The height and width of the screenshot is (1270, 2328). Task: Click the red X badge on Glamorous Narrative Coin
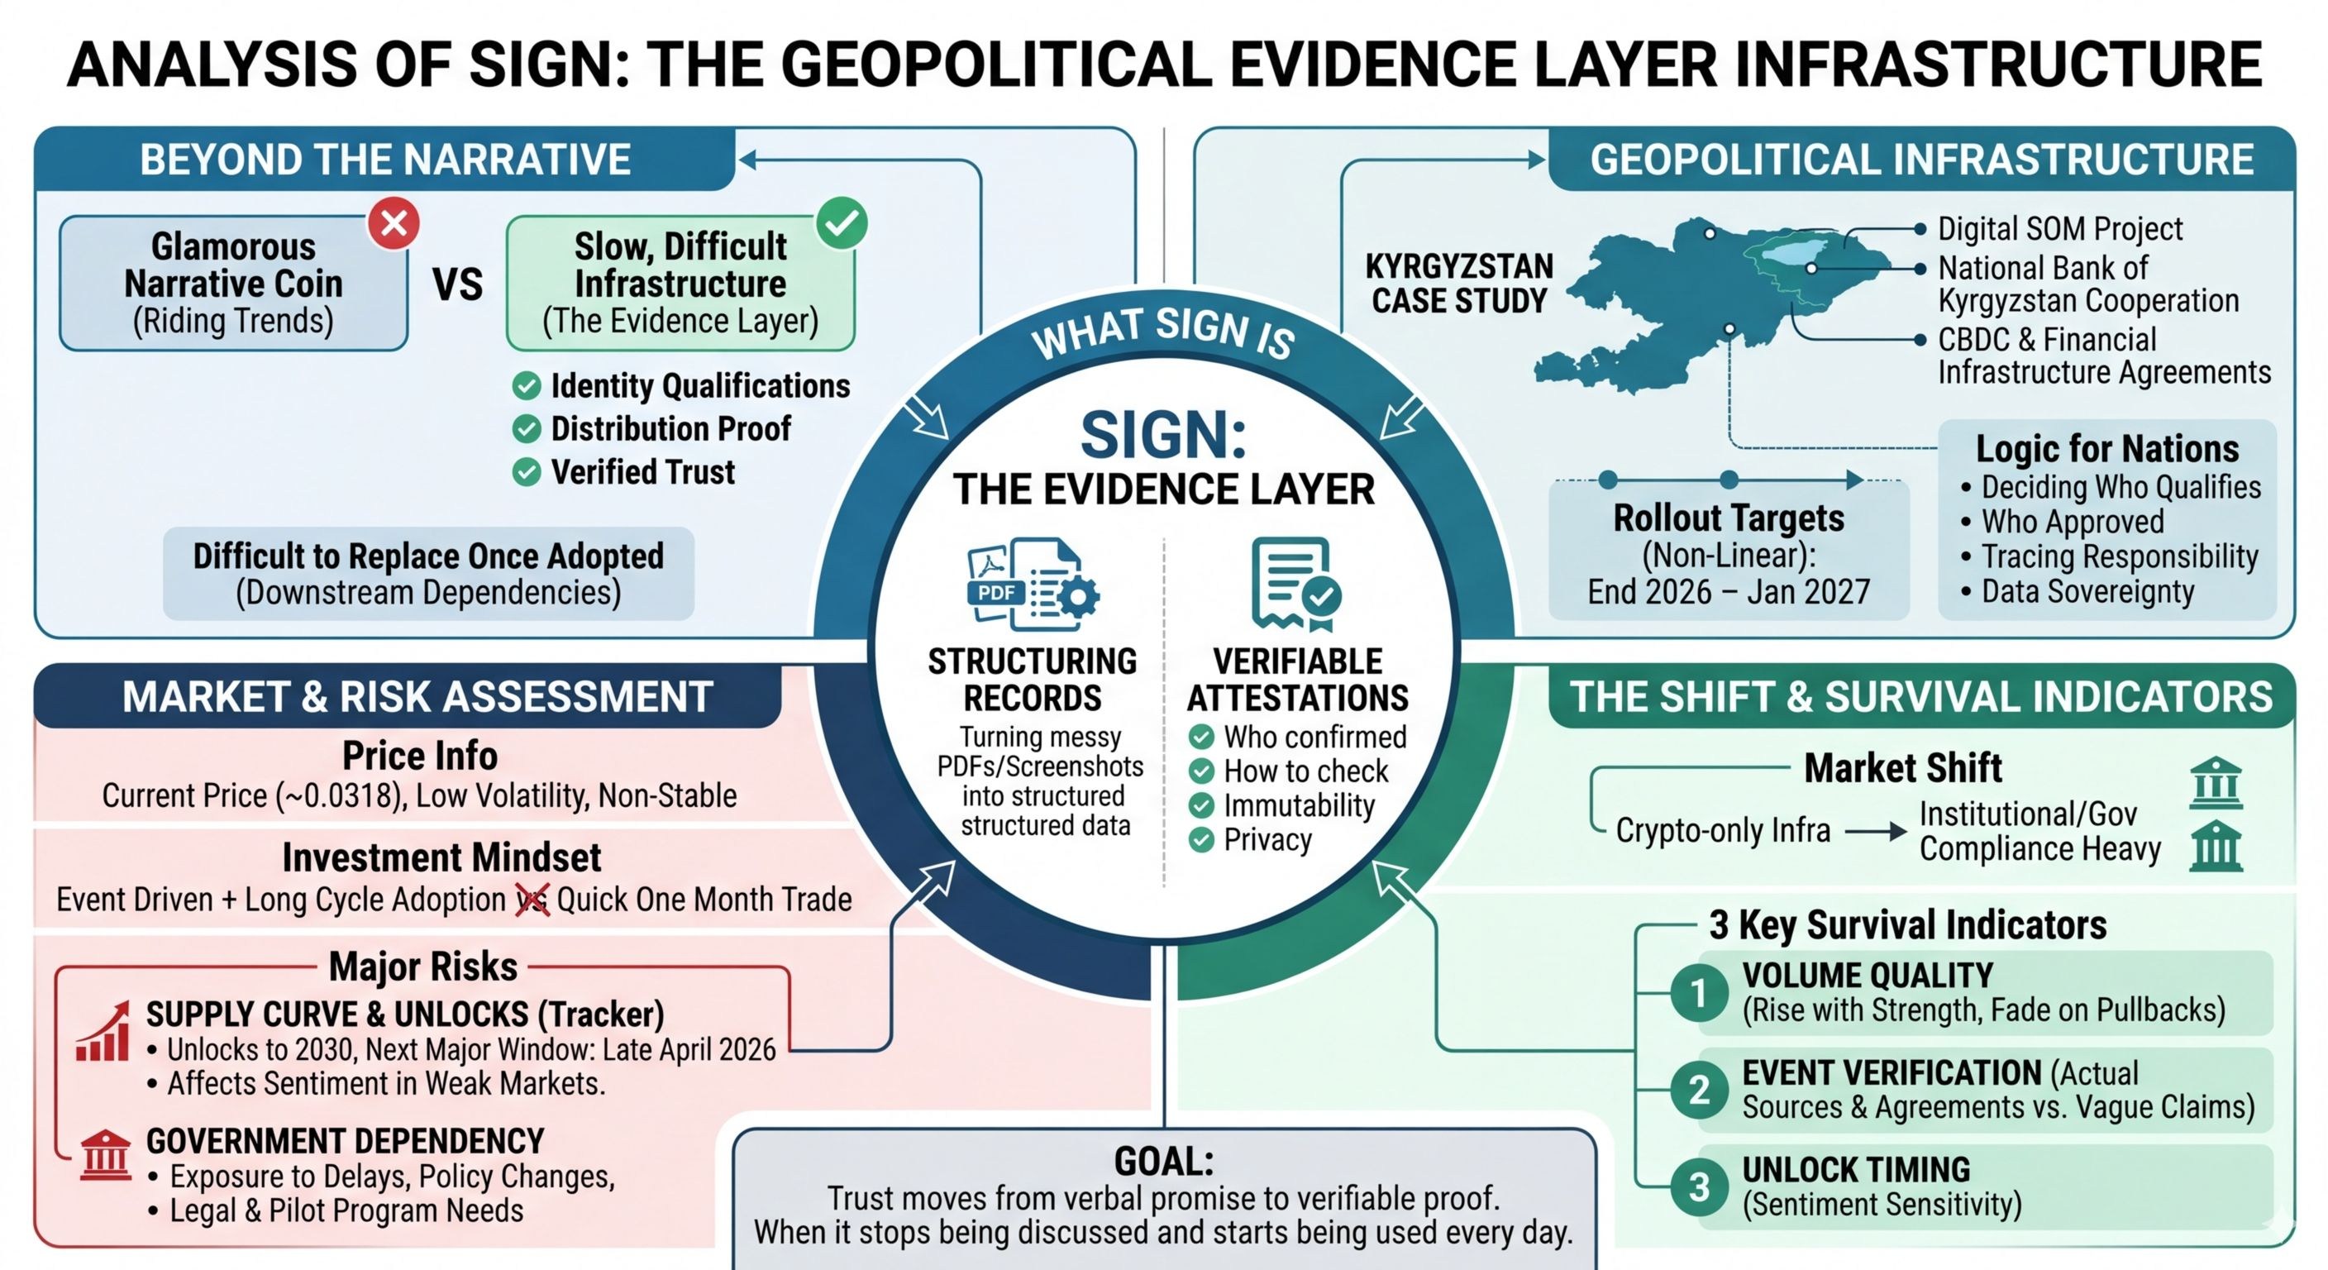point(394,223)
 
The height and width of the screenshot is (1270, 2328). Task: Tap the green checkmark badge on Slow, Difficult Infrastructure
point(842,222)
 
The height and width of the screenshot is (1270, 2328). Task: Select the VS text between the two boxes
point(457,284)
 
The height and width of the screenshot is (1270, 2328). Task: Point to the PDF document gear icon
point(1033,584)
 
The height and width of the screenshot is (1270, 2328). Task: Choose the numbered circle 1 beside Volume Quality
point(1699,992)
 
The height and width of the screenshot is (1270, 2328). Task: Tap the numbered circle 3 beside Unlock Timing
point(1699,1186)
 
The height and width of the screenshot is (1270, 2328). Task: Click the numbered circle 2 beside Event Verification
point(1699,1089)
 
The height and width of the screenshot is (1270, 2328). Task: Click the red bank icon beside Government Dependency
point(105,1155)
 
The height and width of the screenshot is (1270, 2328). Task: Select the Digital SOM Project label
point(2059,230)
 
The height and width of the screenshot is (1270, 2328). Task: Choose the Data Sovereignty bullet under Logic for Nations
point(2087,592)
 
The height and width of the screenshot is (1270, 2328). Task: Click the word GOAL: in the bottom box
point(1164,1162)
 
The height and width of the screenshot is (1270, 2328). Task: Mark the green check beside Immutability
point(1201,805)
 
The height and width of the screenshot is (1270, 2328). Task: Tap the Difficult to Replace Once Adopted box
point(428,574)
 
